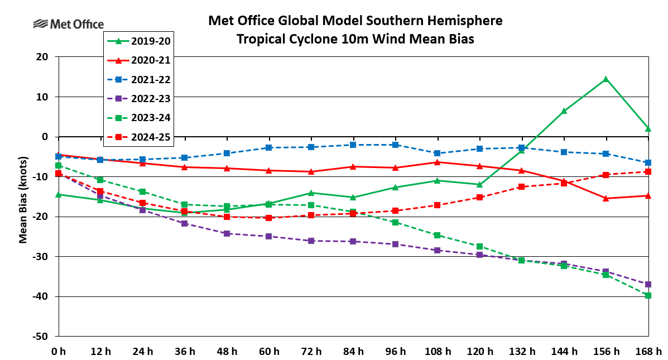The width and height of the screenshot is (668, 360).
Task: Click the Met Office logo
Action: (x=69, y=24)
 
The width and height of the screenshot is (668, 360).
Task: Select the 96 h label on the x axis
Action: (x=395, y=352)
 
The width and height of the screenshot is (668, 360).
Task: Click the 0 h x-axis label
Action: (x=58, y=352)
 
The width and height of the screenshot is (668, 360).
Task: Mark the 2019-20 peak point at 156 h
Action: (x=605, y=79)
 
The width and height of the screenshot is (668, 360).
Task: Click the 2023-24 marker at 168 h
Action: (x=648, y=295)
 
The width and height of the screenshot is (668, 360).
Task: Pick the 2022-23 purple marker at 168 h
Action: (x=648, y=284)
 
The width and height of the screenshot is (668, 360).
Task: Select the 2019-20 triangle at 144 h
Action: (x=564, y=111)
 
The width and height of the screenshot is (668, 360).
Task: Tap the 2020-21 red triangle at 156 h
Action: (x=605, y=198)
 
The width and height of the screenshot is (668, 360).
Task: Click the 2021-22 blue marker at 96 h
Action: (x=395, y=145)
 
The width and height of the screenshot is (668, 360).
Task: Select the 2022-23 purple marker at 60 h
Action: (x=268, y=236)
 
